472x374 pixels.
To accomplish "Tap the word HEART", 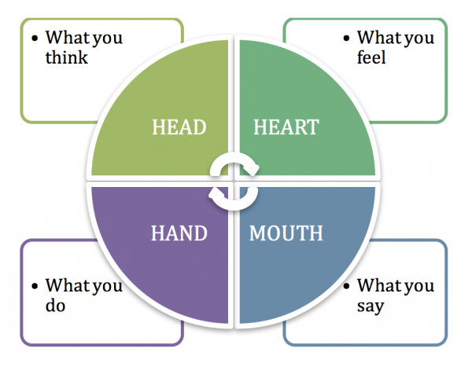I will pyautogui.click(x=285, y=127).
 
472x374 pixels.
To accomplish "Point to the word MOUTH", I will pyautogui.click(x=286, y=233).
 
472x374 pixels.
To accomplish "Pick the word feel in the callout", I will pyautogui.click(x=371, y=57).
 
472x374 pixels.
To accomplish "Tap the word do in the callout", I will pyautogui.click(x=55, y=305).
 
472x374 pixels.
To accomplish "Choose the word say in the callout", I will pyautogui.click(x=371, y=306).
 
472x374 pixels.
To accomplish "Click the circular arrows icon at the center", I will pyautogui.click(x=234, y=181).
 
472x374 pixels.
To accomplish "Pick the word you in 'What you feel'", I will pyautogui.click(x=419, y=38).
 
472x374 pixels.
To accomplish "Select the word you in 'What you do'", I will pyautogui.click(x=108, y=286).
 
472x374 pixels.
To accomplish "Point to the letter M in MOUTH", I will pyautogui.click(x=257, y=233).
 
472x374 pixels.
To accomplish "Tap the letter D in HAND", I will pyautogui.click(x=201, y=233).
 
